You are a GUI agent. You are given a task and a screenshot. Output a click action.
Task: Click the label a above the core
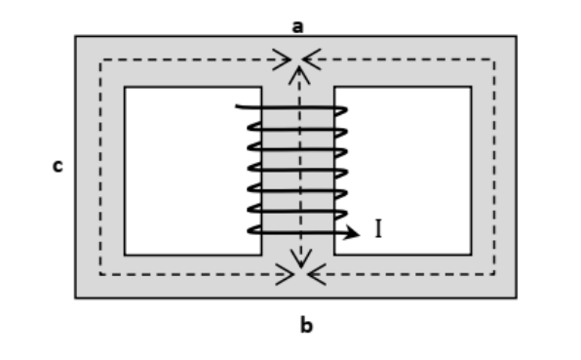tap(297, 27)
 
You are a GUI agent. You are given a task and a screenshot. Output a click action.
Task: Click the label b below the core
tap(306, 326)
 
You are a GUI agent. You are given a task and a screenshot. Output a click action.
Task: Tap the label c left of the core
tap(58, 166)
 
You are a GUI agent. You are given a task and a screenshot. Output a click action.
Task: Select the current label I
tap(378, 228)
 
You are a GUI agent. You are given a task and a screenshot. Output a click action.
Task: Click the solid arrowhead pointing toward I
tap(351, 232)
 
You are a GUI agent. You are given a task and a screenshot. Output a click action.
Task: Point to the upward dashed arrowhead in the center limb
tap(299, 75)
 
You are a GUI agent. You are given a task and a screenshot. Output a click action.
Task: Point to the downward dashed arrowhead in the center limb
tap(301, 259)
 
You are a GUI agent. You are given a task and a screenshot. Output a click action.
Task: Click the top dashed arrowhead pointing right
tap(282, 60)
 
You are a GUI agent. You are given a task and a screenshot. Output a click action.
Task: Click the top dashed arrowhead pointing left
tap(312, 59)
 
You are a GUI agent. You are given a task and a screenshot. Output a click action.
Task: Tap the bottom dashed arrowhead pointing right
tap(285, 274)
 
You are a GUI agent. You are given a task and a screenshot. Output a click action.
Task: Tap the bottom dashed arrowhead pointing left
tap(317, 274)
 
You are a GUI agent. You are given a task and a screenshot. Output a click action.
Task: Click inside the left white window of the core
tap(185, 171)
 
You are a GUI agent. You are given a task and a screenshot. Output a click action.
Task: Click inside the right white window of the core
tap(407, 171)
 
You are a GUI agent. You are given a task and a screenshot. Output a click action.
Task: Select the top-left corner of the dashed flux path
tap(100, 60)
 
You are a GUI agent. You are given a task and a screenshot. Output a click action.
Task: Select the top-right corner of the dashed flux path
tap(494, 59)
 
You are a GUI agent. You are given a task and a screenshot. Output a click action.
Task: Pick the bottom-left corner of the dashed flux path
tap(100, 274)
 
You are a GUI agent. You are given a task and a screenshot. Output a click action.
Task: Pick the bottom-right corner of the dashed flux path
tap(494, 274)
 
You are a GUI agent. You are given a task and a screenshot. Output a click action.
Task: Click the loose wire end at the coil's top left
tap(237, 106)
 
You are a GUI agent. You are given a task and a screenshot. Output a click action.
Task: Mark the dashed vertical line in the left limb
tap(100, 167)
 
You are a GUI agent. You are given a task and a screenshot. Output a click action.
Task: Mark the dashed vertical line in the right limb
tap(494, 167)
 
